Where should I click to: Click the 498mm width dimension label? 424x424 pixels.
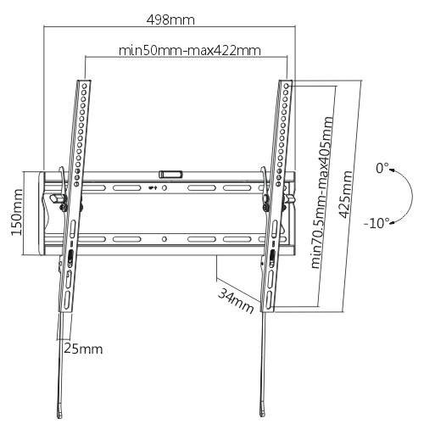(170, 20)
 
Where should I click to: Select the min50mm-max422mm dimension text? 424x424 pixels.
(189, 51)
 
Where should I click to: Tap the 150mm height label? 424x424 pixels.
(17, 212)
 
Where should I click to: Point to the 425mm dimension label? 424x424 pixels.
(346, 194)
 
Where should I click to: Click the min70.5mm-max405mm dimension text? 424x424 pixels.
(322, 192)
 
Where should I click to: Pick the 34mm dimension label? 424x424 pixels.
(236, 301)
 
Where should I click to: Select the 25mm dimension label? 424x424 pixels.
(83, 349)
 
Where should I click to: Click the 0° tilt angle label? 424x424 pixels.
(382, 168)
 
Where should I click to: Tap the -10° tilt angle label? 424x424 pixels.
(377, 223)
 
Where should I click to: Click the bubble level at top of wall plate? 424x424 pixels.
(170, 174)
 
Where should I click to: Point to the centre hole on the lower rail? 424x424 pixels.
(165, 239)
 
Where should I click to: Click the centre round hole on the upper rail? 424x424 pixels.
(165, 187)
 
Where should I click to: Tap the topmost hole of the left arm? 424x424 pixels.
(84, 86)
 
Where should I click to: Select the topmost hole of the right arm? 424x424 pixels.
(287, 86)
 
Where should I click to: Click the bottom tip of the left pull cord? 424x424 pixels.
(59, 416)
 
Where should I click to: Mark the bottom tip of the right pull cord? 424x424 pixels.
(262, 415)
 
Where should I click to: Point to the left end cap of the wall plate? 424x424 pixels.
(42, 214)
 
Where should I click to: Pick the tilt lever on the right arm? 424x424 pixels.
(289, 198)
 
